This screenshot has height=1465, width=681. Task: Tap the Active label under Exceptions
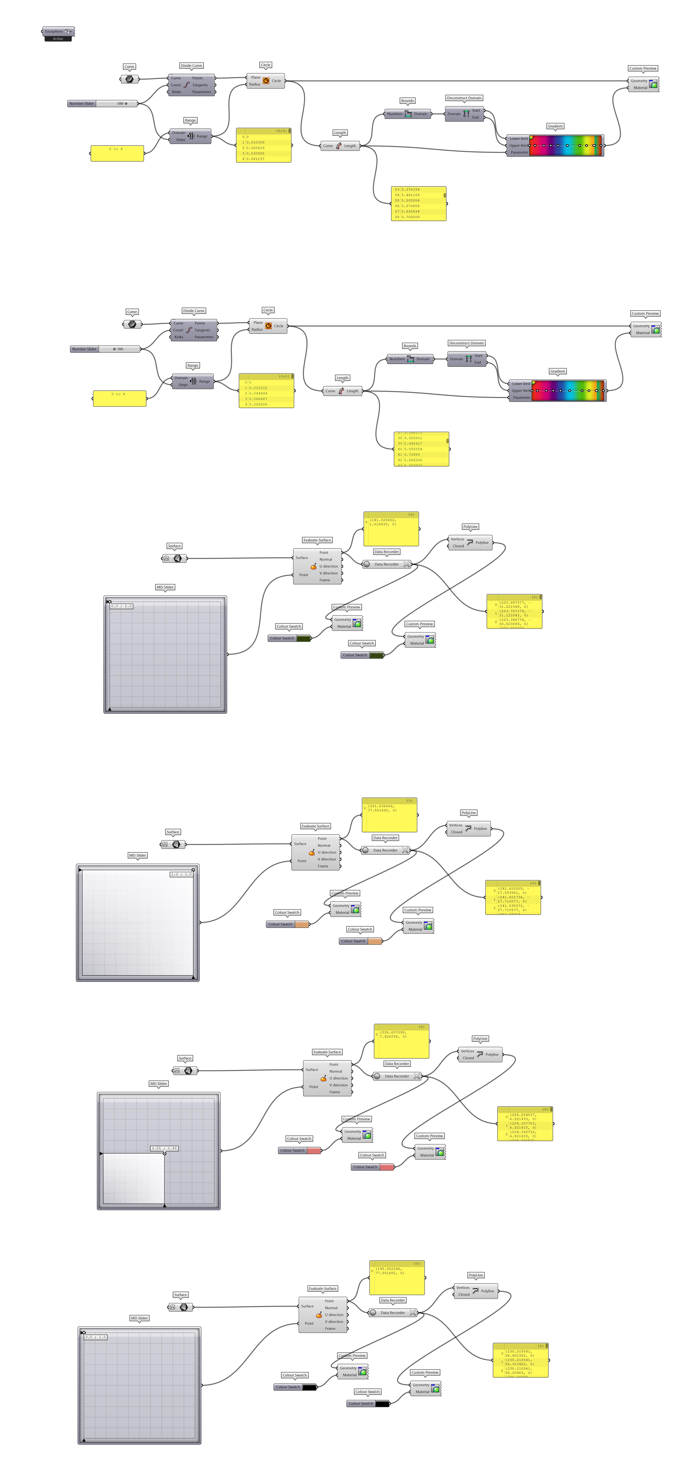58,39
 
